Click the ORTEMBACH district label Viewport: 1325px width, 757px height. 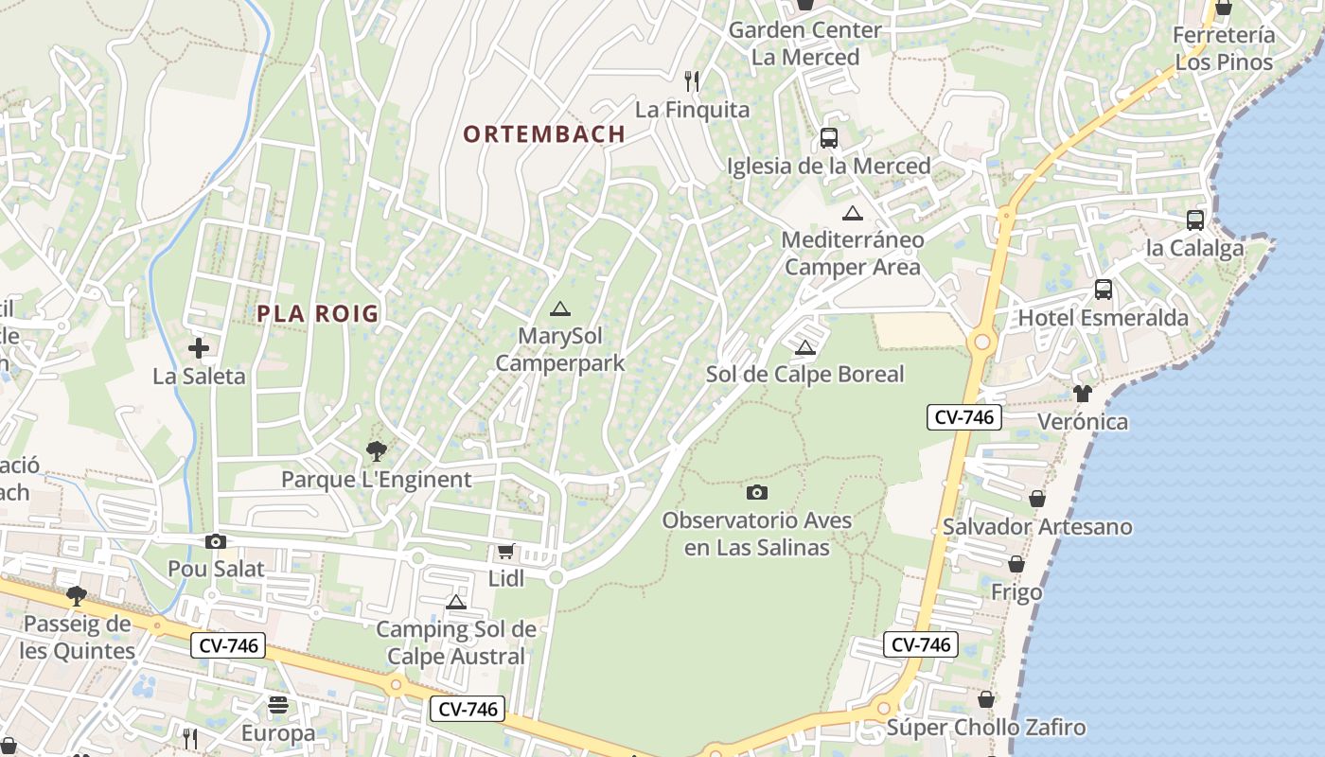pyautogui.click(x=544, y=134)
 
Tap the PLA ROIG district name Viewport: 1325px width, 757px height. pyautogui.click(x=317, y=314)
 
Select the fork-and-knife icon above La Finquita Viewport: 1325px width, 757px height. pyautogui.click(x=692, y=81)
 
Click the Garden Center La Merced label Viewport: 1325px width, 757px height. pyautogui.click(x=805, y=44)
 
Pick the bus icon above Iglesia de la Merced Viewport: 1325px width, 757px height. pyautogui.click(x=829, y=138)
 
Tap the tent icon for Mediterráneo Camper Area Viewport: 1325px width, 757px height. pyautogui.click(x=853, y=214)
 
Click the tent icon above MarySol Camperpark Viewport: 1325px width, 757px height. pyautogui.click(x=560, y=308)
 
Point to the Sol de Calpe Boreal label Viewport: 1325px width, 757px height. pyautogui.click(x=805, y=375)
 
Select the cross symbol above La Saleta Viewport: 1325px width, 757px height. pyautogui.click(x=199, y=348)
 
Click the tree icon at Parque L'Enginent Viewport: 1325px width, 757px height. pyautogui.click(x=377, y=451)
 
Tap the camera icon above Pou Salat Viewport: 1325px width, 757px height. pyautogui.click(x=216, y=541)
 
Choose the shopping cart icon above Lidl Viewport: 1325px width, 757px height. pyautogui.click(x=506, y=552)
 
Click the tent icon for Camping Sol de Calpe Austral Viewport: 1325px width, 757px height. pyautogui.click(x=456, y=603)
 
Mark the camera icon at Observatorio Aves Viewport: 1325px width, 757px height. pyautogui.click(x=757, y=492)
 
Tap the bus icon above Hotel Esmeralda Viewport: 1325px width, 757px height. pyautogui.click(x=1104, y=290)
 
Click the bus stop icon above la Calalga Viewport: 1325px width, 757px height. pyautogui.click(x=1195, y=220)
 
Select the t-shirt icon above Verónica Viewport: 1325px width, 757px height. pyautogui.click(x=1083, y=394)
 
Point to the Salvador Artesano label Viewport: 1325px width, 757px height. pyautogui.click(x=1037, y=527)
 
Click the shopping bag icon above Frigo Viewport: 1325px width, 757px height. pyautogui.click(x=1016, y=565)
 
